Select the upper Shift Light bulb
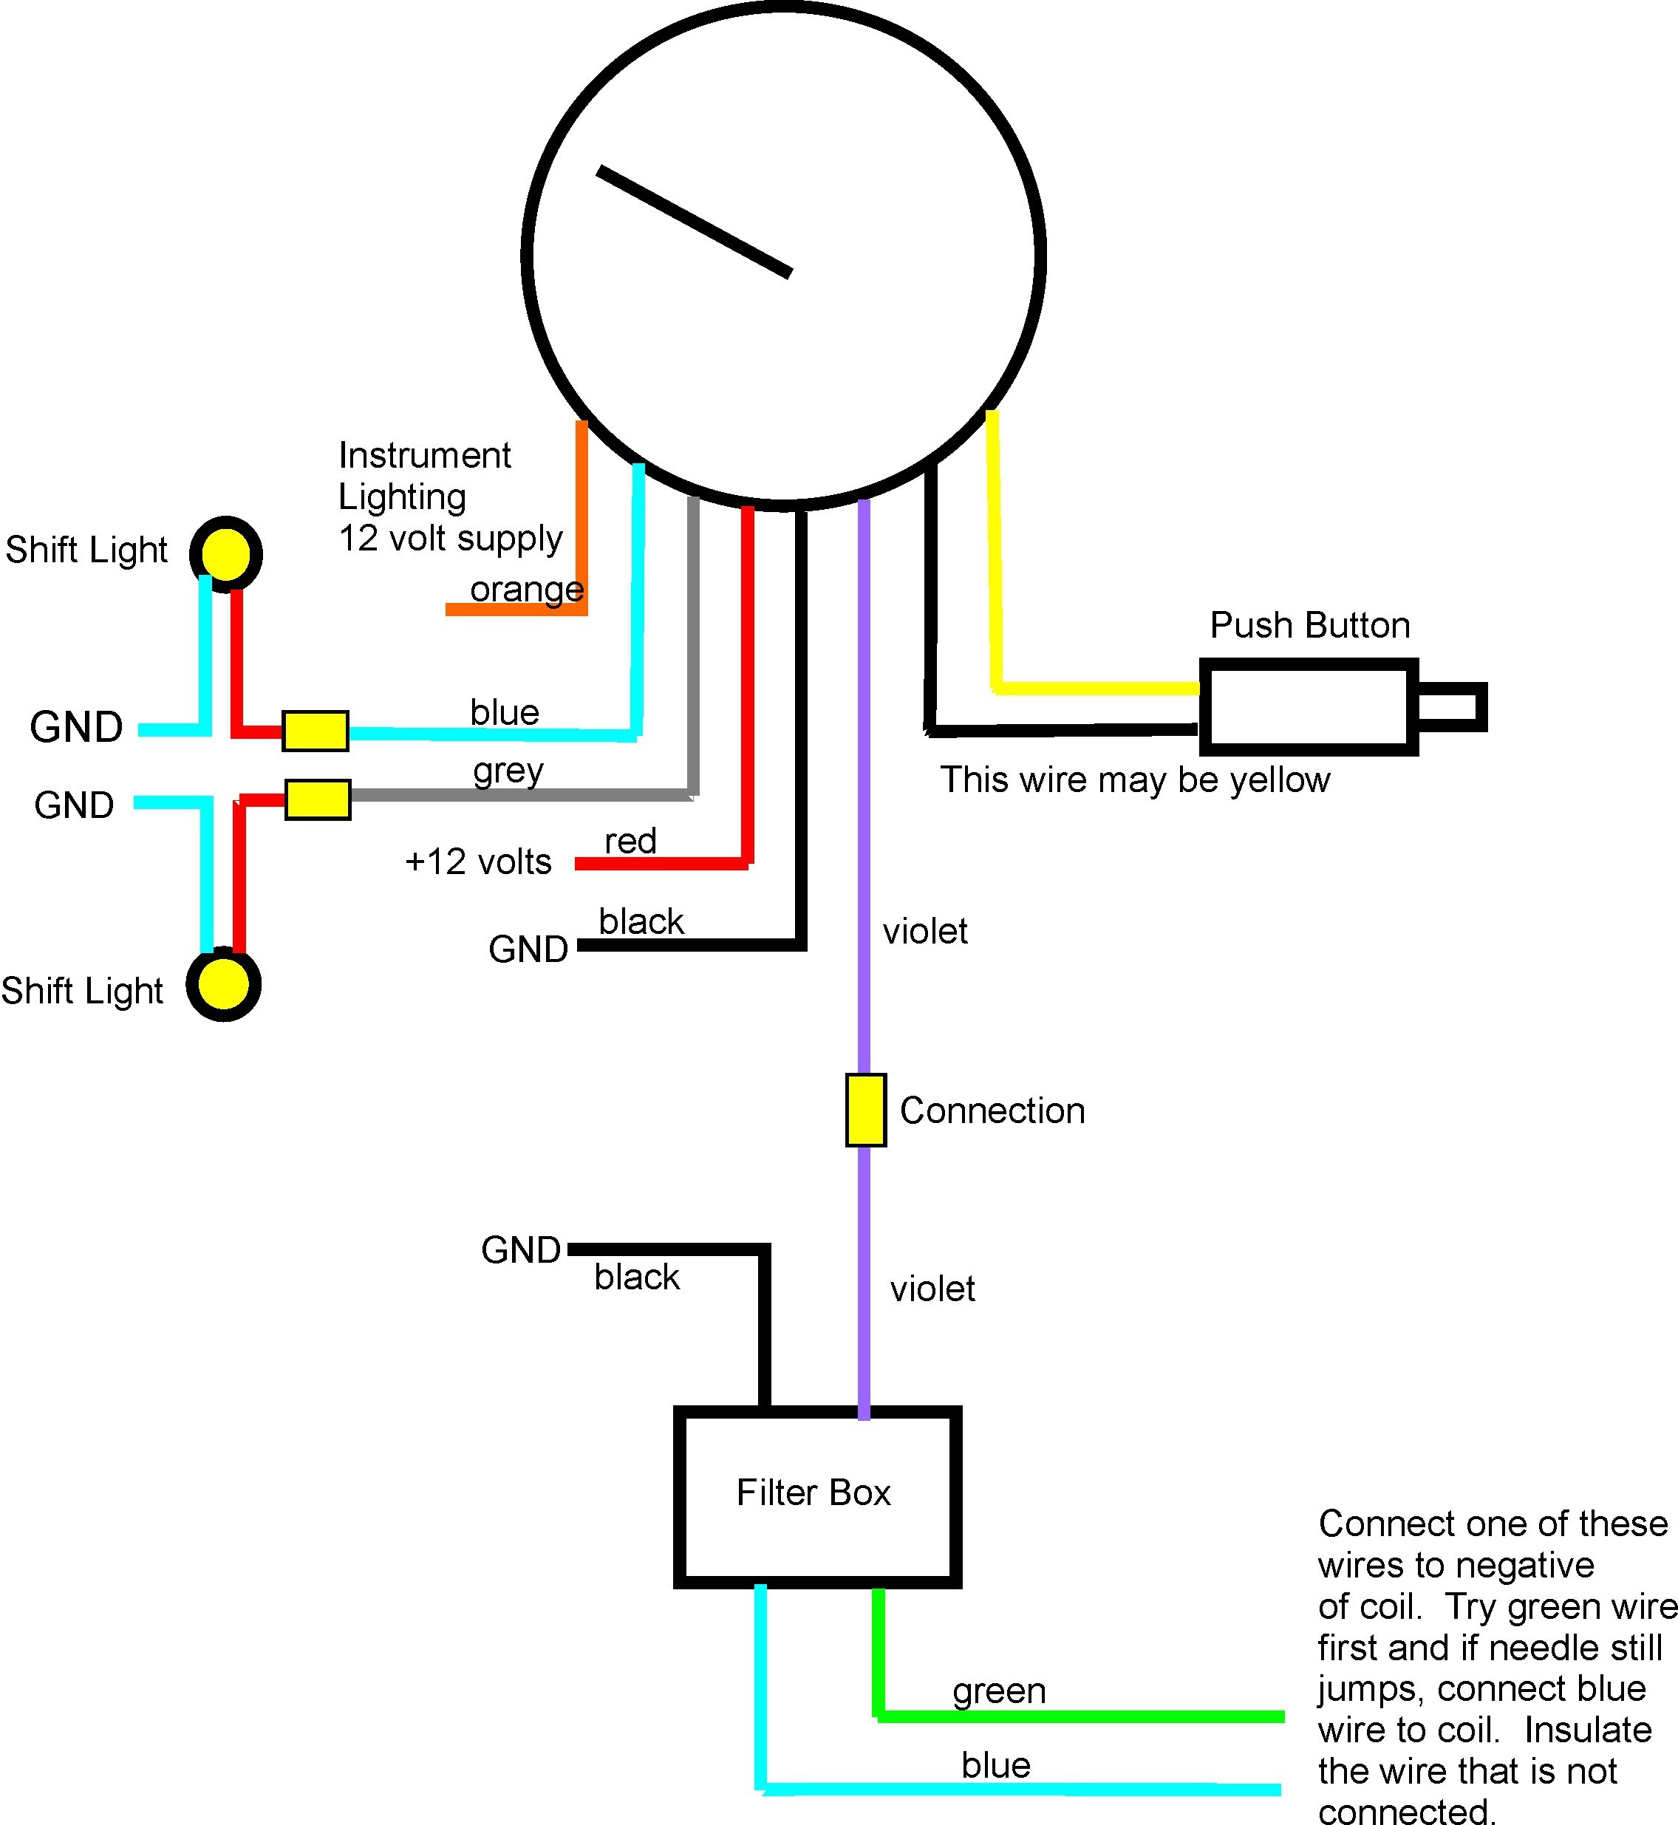click(x=226, y=553)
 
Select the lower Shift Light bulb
click(x=223, y=984)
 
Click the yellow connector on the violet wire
click(x=865, y=1110)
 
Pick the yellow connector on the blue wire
click(x=315, y=731)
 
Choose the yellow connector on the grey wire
click(x=318, y=800)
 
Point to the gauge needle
click(x=695, y=221)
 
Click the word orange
click(x=527, y=590)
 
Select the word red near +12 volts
click(x=630, y=841)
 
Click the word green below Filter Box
click(x=999, y=1691)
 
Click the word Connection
click(x=992, y=1111)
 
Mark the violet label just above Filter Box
click(x=932, y=1289)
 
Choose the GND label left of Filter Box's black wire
click(x=520, y=1250)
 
